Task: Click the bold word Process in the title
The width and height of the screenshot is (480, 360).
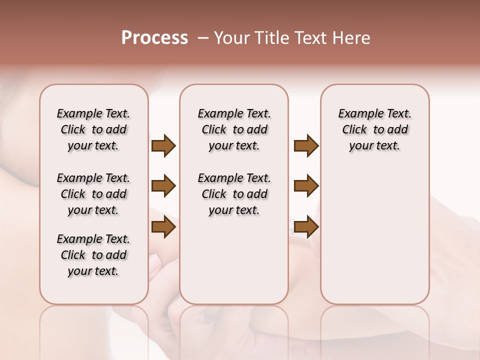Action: tap(154, 38)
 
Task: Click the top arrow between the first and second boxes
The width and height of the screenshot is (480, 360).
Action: tap(163, 146)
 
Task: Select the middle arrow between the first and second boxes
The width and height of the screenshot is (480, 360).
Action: tap(163, 186)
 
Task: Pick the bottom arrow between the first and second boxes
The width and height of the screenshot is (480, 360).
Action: tap(163, 227)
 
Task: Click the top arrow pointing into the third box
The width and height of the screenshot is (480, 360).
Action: tap(306, 146)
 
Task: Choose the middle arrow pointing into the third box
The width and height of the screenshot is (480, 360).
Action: tap(306, 186)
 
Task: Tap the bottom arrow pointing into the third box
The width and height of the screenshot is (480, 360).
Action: tap(306, 227)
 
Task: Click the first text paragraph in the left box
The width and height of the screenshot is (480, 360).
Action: tap(93, 129)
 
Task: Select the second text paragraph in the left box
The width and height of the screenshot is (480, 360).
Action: tap(93, 194)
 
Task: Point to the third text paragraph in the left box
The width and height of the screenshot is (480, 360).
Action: tap(93, 255)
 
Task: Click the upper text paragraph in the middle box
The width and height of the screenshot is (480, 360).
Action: tap(234, 129)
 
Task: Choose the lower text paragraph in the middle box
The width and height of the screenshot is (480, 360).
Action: tap(234, 194)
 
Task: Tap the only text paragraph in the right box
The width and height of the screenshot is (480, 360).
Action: tap(374, 129)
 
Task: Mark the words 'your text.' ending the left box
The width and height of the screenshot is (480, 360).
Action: tap(93, 271)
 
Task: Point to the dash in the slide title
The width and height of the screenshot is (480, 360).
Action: tap(202, 38)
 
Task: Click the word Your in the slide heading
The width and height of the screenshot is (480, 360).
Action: tap(231, 38)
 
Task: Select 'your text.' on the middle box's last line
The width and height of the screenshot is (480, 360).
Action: tap(234, 210)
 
